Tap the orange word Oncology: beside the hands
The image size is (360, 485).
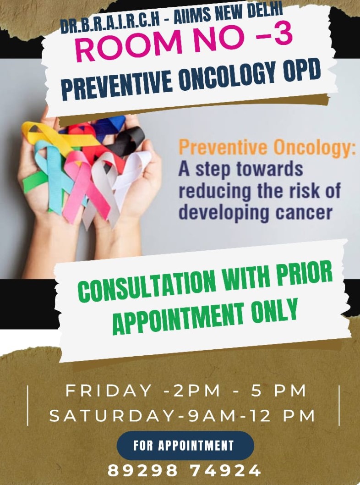click(x=312, y=148)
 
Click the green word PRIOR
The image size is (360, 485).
click(x=304, y=273)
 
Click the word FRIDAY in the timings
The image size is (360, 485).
click(x=108, y=391)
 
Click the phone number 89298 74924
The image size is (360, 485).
click(x=184, y=470)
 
